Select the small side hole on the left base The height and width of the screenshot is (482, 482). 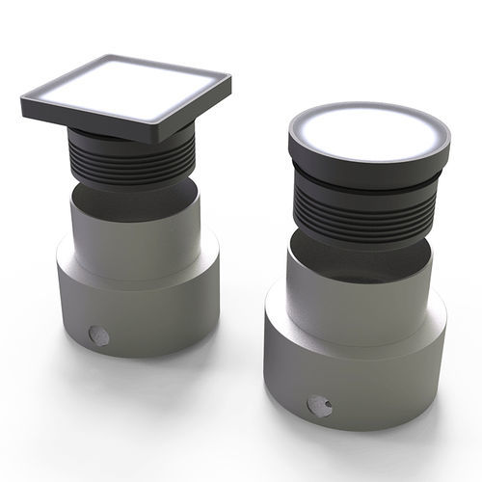coord(96,335)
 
